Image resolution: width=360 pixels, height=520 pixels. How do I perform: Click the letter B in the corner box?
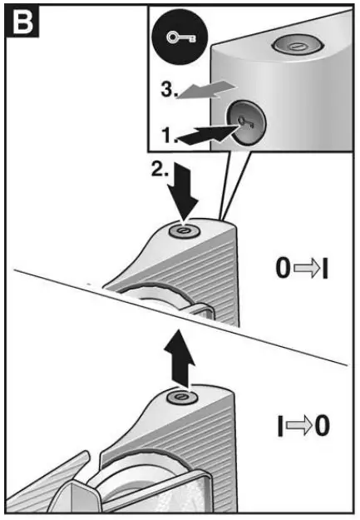[18, 19]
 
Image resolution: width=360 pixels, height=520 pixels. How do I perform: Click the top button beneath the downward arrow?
[183, 230]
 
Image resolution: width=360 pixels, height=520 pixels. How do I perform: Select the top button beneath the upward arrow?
[178, 399]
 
